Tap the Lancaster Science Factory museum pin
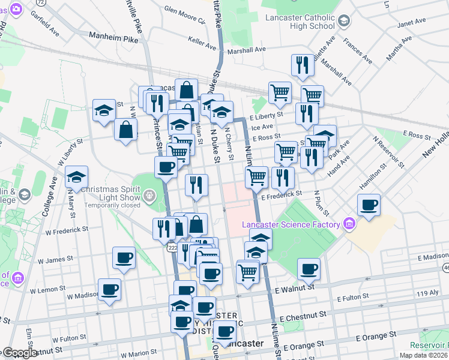(x=349, y=225)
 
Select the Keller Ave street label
(x=202, y=44)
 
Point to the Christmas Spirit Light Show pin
(x=149, y=196)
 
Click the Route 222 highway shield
(x=172, y=248)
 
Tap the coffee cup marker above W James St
(x=124, y=258)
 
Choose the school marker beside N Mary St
(x=76, y=177)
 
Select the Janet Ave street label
(x=411, y=23)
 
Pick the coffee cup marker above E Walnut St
(x=309, y=269)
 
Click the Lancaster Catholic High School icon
(x=344, y=22)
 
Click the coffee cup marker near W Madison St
(x=109, y=290)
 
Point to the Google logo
(x=19, y=353)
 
